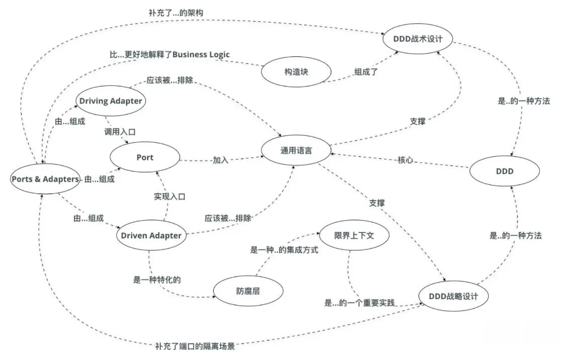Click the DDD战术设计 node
[418, 38]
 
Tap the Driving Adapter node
[111, 101]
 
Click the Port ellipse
[145, 157]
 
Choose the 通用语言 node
[296, 150]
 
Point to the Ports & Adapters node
[45, 179]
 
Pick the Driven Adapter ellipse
[151, 235]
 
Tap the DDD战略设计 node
[454, 296]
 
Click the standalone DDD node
[505, 171]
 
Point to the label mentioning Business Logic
[170, 54]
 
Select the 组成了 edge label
[366, 71]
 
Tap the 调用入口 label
[120, 132]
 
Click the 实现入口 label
[169, 197]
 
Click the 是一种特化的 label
[157, 280]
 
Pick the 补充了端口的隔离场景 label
[195, 346]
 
